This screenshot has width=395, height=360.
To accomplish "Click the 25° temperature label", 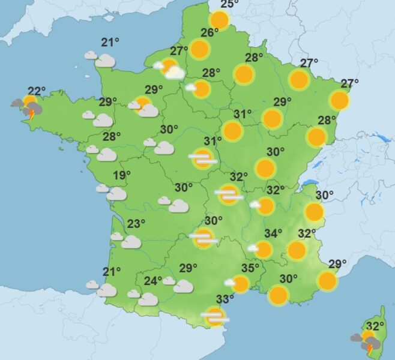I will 227,5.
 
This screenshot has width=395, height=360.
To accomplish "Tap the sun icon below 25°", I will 219,21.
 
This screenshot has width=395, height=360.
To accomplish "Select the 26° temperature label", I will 209,33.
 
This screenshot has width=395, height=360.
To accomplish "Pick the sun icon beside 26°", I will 199,49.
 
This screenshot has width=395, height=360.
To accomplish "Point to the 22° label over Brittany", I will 37,91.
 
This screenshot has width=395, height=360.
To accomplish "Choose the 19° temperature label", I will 122,175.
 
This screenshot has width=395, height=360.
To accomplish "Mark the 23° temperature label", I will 136,224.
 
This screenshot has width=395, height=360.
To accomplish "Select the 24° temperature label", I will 153,281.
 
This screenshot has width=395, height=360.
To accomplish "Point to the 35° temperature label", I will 250,268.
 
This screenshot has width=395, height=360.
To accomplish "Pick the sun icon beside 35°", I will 240,284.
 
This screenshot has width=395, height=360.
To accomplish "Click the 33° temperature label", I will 225,299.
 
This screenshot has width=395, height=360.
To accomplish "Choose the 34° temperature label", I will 274,233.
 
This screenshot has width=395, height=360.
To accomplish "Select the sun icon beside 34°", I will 263,249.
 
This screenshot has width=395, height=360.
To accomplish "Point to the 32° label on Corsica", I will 375,326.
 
